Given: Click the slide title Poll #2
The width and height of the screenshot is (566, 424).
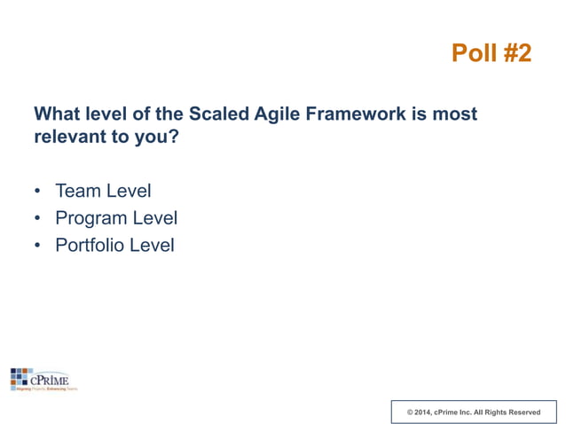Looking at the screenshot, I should click(x=491, y=53).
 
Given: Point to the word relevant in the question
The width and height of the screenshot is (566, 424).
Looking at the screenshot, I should click(x=67, y=139).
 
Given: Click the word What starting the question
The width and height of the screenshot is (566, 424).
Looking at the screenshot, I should click(x=58, y=114).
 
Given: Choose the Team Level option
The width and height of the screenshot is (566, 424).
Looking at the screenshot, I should click(x=103, y=191).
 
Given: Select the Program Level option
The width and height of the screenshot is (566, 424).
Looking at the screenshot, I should click(x=116, y=218).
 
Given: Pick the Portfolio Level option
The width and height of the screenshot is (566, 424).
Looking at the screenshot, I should click(x=114, y=245).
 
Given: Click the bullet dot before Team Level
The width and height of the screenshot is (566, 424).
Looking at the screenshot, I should click(x=37, y=192).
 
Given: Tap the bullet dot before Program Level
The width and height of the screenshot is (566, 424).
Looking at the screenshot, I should click(x=37, y=219).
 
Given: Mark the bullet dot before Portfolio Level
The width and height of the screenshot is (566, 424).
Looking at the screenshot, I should click(x=37, y=246).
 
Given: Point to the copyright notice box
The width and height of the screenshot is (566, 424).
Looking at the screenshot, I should click(x=473, y=412).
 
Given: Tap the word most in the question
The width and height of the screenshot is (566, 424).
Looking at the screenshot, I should click(x=456, y=114).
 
